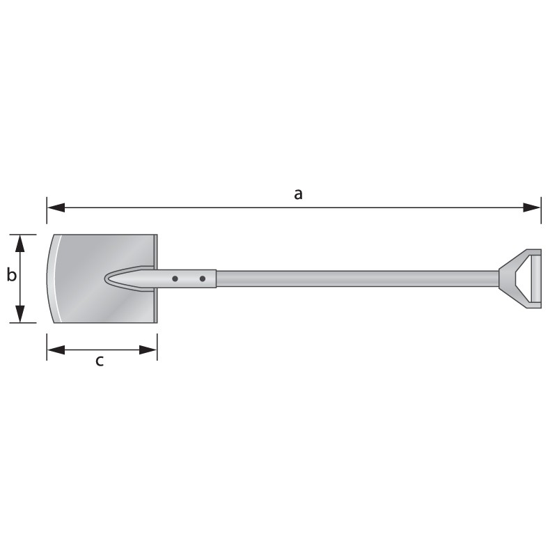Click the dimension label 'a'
[298, 195]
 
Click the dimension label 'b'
[11, 275]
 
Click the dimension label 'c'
[100, 361]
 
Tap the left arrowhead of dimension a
[56, 207]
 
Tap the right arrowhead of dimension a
[532, 207]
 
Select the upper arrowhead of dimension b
[20, 243]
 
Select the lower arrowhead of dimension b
[20, 314]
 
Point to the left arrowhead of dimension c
[56, 350]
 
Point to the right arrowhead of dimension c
[148, 350]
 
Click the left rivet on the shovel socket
[175, 279]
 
